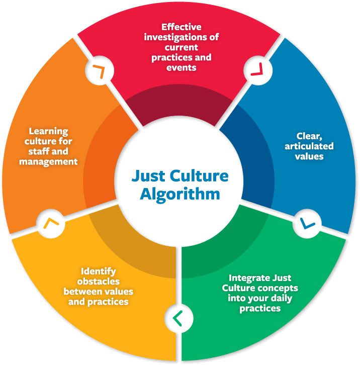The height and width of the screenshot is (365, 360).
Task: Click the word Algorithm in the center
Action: (x=180, y=193)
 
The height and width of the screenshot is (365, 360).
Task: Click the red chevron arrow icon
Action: (x=254, y=71)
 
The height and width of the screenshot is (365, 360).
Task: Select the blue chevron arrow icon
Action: (x=305, y=221)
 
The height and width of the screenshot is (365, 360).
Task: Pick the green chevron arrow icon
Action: (x=176, y=318)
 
